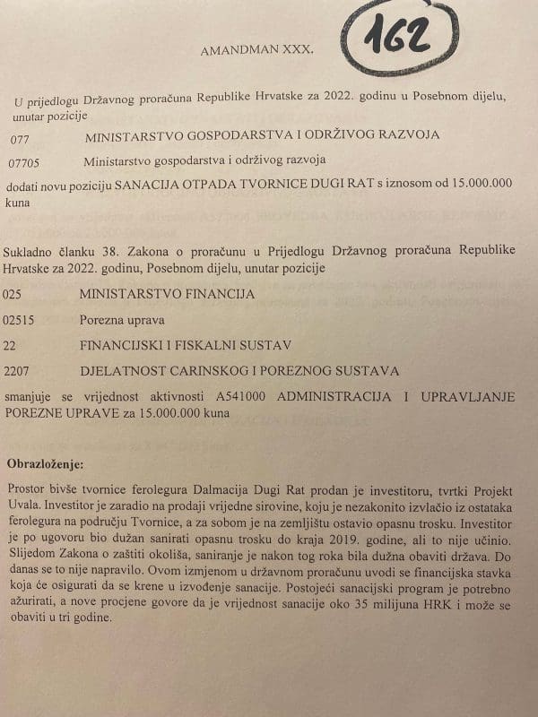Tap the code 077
(x=23, y=139)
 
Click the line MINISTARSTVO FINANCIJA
(x=167, y=294)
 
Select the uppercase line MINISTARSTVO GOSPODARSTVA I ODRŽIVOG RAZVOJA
(x=261, y=138)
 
